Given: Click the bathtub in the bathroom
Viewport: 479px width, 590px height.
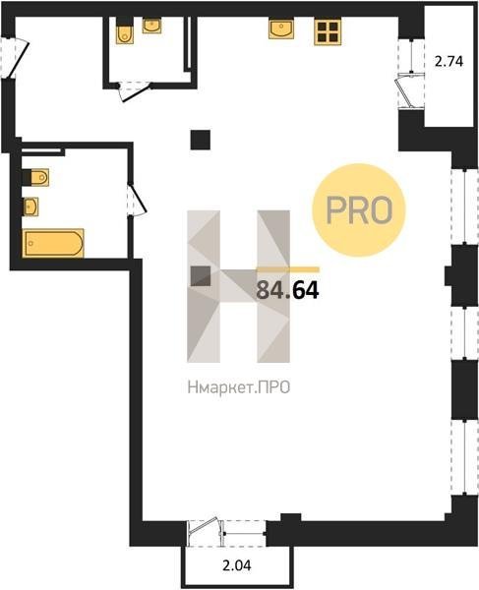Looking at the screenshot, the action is coord(53,243).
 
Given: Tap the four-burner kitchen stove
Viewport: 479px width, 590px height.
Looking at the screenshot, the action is coord(328,32).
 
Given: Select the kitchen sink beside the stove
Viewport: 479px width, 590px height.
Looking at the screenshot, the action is coord(280,29).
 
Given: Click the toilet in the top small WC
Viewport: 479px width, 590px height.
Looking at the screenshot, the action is coord(125,31).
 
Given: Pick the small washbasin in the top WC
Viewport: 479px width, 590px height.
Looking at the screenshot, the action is coord(152,26).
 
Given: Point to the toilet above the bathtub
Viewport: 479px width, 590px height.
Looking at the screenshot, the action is coord(35,177).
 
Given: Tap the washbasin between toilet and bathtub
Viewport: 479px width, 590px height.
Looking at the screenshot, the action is coord(30,206).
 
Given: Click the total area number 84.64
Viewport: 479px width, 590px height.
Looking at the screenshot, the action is coord(287,290).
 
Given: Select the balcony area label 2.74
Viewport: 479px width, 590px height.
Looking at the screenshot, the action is coord(449,61).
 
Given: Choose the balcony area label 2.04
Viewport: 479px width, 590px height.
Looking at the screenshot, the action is coord(237,565).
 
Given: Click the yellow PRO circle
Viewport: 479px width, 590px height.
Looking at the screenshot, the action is coord(359,210).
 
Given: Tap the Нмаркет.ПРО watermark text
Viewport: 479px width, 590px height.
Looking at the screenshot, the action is coord(239,387).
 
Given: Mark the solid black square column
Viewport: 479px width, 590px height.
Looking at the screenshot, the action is coord(201,140).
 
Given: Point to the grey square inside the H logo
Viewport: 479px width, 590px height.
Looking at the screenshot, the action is coord(201,276).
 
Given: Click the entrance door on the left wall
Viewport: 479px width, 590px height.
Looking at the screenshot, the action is coord(15,58).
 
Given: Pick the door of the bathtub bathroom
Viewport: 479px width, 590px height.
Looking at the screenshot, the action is coord(137,200).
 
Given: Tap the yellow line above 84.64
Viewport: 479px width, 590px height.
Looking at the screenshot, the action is coord(288,269).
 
